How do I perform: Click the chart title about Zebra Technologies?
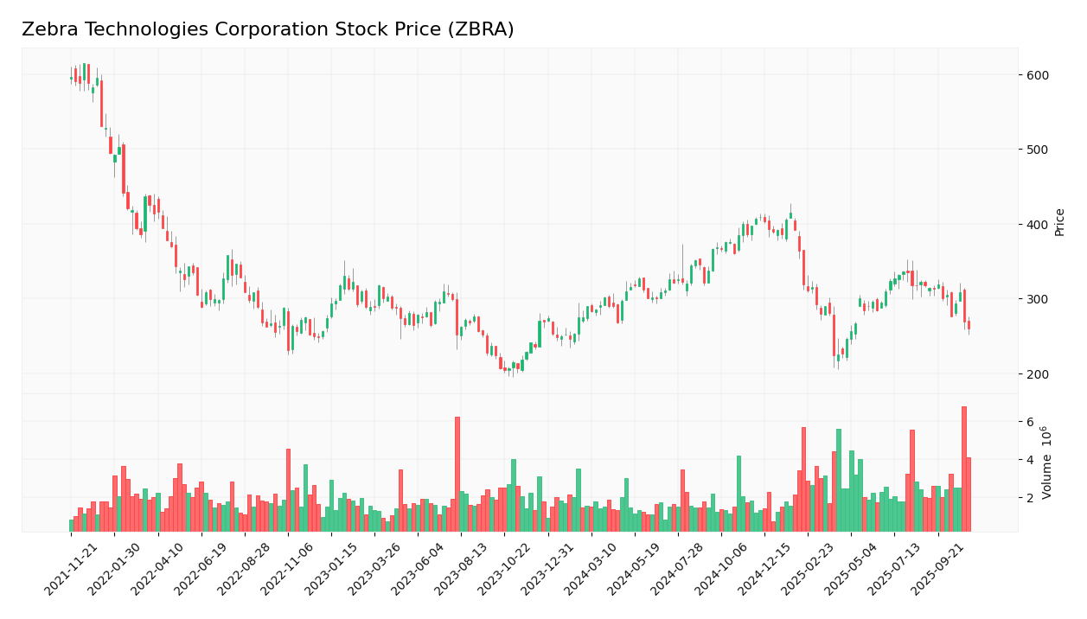[x=268, y=30]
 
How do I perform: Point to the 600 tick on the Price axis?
[x=1037, y=75]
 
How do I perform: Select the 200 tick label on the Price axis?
[x=1037, y=374]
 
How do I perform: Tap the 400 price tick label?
[x=1037, y=225]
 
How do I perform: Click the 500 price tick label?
[x=1037, y=150]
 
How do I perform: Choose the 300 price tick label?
[x=1037, y=299]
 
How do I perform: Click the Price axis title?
[x=1059, y=222]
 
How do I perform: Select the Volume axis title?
[x=1047, y=462]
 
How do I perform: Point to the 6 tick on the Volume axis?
[x=1030, y=422]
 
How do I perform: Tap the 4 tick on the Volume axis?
[x=1030, y=460]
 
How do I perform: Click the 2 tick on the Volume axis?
[x=1030, y=498]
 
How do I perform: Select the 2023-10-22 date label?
[x=506, y=571]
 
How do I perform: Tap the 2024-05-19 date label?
[x=636, y=571]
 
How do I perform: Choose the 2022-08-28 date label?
[x=246, y=571]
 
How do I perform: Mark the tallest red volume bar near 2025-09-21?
[x=964, y=469]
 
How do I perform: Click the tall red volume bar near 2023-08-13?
[x=457, y=474]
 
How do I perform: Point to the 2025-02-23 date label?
[x=809, y=571]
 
